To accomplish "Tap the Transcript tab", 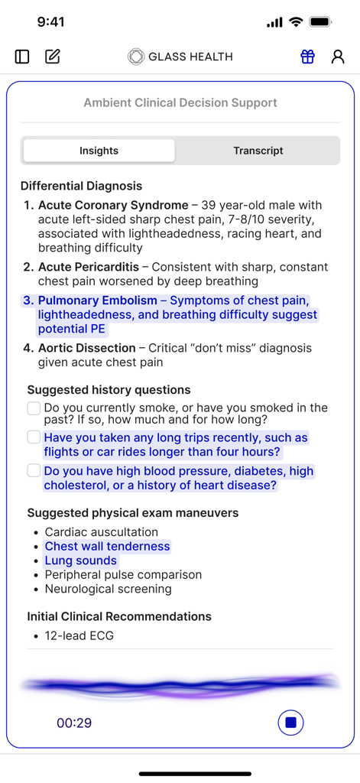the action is [258, 151].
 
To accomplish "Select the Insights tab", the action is [99, 151].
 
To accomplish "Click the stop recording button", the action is [290, 723].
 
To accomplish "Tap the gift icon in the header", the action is [307, 57].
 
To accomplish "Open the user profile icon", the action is [337, 57].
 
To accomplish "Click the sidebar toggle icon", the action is [22, 57].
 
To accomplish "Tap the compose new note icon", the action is [53, 57].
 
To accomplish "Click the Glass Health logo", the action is [180, 57].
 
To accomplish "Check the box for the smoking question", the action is [34, 408].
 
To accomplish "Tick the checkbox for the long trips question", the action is [34, 437].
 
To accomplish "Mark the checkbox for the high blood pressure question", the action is [34, 470].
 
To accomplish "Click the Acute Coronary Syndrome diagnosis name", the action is [113, 205].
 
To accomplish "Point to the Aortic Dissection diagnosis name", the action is [87, 348].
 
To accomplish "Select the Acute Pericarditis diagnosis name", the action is [89, 267].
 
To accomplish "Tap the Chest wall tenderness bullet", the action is [107, 546].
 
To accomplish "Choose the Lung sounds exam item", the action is [81, 560].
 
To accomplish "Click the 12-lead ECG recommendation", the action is [79, 635].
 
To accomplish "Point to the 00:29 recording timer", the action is [74, 723].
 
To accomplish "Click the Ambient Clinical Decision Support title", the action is [180, 102].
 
